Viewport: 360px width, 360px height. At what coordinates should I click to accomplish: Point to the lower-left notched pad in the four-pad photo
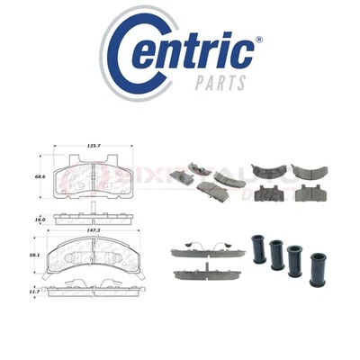267,192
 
